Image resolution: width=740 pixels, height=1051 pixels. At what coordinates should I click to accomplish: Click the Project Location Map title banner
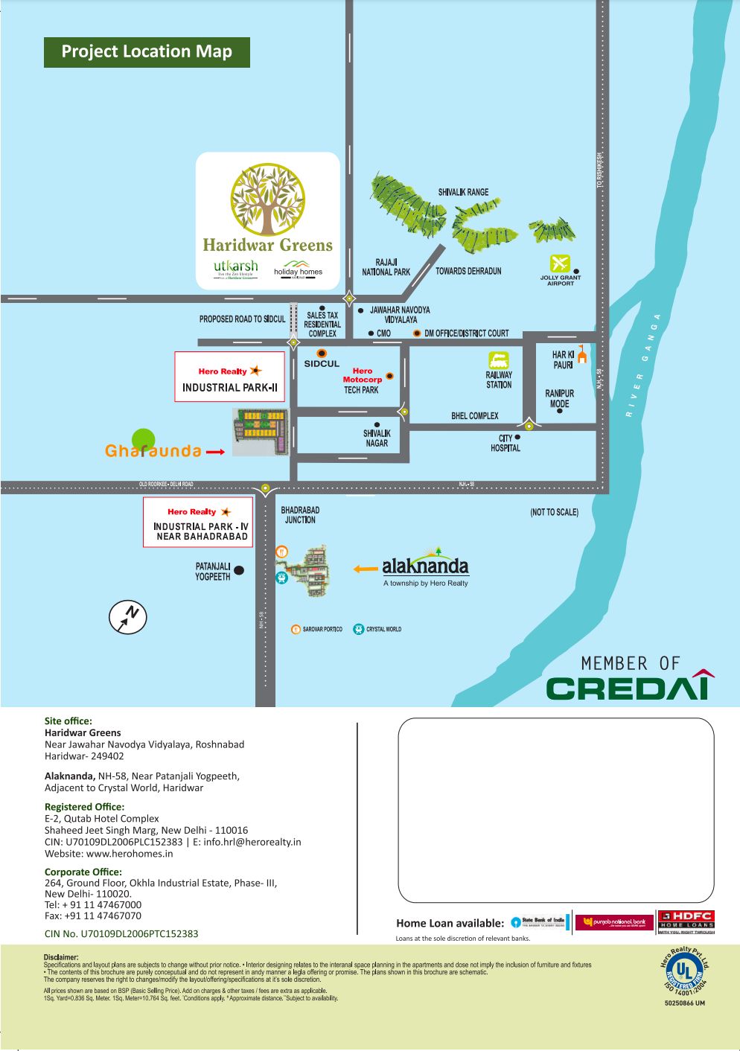pos(147,52)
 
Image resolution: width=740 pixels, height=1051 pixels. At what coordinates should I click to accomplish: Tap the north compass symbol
pos(128,616)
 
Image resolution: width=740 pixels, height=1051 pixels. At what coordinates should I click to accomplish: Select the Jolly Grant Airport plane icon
pos(560,263)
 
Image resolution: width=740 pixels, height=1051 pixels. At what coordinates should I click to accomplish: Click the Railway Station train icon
pos(499,361)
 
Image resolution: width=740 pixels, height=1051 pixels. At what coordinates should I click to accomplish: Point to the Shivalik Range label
pos(463,192)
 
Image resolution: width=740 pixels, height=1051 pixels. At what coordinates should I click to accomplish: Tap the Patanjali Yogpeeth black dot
pos(239,571)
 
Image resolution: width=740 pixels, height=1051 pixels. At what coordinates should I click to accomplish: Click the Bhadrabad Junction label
pos(300,515)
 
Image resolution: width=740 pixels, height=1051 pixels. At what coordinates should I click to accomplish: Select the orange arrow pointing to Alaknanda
pos(366,569)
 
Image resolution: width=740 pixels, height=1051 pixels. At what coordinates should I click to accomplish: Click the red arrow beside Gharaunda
pos(215,452)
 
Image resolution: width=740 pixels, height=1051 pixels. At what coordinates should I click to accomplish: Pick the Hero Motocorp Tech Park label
pos(362,380)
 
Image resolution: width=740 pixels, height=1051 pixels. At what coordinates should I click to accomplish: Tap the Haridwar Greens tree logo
pos(268,199)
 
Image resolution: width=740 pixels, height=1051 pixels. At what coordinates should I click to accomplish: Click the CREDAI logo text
pos(630,686)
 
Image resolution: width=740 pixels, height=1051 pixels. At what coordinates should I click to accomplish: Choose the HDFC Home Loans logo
pos(686,921)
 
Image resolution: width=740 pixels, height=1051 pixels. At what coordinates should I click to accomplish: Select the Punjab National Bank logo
pos(614,922)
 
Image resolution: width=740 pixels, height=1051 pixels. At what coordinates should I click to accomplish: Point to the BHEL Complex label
pos(475,415)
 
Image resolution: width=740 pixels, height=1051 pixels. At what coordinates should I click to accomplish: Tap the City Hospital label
pos(505,443)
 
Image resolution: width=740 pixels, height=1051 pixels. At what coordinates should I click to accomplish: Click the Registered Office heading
pos(84,807)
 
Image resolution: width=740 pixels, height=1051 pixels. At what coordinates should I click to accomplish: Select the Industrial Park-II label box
pos(230,377)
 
